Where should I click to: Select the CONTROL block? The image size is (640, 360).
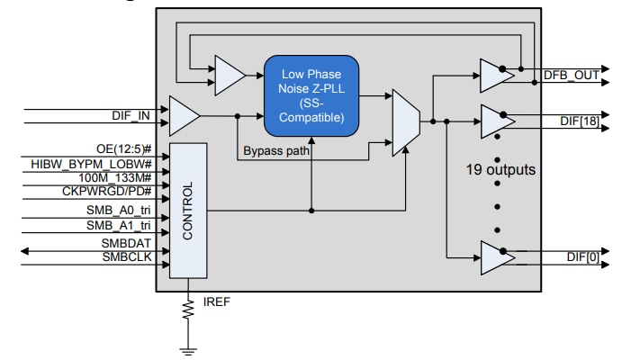point(188,210)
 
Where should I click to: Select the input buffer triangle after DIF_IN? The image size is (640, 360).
point(184,115)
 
